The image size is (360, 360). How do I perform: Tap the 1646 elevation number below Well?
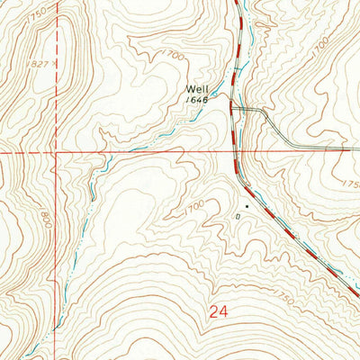[x=198, y=101]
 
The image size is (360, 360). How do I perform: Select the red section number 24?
[x=217, y=312]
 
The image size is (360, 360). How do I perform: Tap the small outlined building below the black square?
[x=238, y=216]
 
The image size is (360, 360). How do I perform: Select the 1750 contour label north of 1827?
[x=37, y=16]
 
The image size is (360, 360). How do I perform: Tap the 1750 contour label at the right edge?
[x=349, y=184]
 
